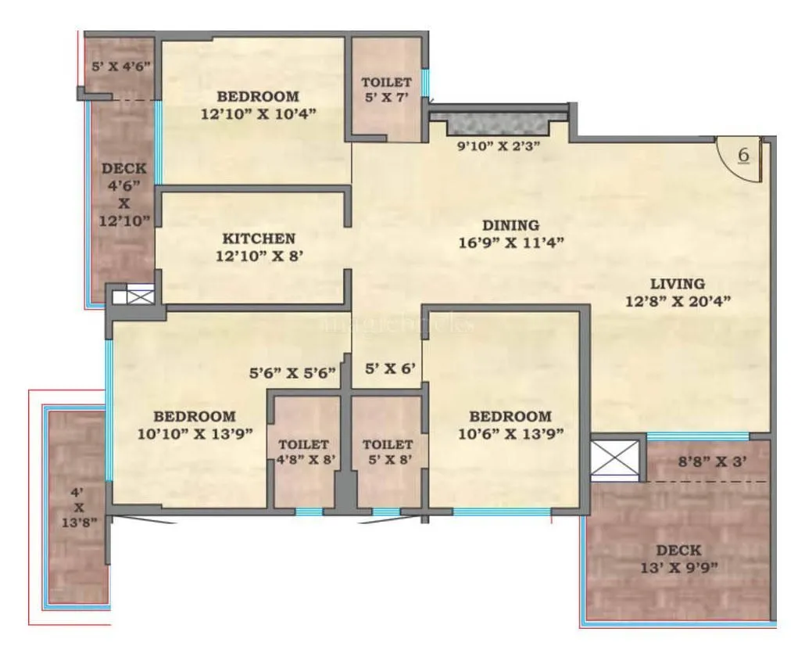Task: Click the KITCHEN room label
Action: coord(258,239)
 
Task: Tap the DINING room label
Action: coord(510,225)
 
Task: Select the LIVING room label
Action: coord(676,284)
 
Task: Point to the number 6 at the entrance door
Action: coord(743,155)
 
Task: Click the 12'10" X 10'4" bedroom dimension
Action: coord(258,113)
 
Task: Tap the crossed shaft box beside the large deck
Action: coord(614,459)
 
